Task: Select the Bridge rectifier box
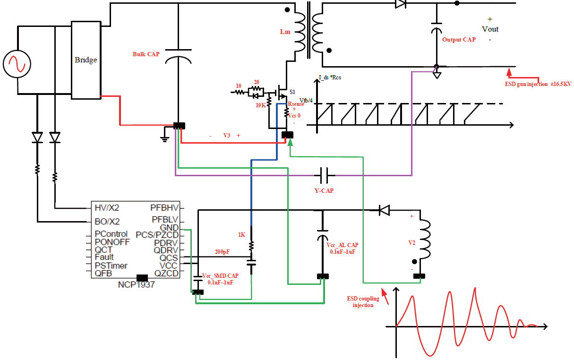[x=86, y=60]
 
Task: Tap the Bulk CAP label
[x=146, y=54]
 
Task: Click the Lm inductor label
[x=285, y=32]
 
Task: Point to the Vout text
[x=490, y=29]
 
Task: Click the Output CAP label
[x=459, y=40]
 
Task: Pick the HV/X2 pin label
[x=107, y=207]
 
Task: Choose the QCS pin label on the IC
[x=169, y=258]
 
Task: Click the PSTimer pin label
[x=111, y=266]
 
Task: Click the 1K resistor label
[x=241, y=235]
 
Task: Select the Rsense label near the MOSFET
[x=296, y=104]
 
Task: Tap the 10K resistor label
[x=260, y=105]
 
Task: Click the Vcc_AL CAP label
[x=342, y=245]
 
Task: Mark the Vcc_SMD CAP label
[x=220, y=276]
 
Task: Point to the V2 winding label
[x=411, y=242]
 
